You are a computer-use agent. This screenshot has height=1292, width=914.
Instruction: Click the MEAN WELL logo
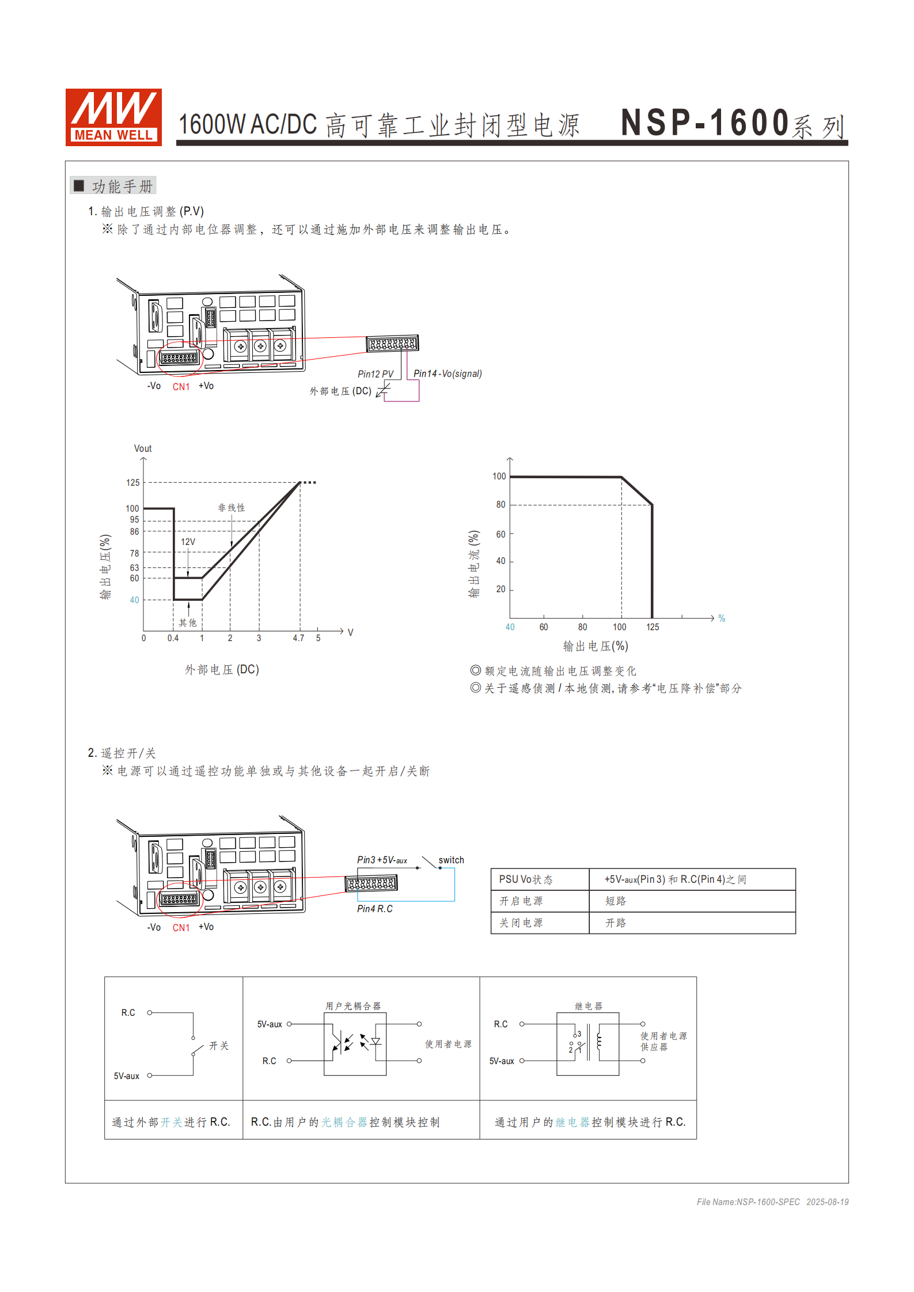[x=113, y=117]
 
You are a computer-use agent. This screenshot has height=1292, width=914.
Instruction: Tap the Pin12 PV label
[x=376, y=374]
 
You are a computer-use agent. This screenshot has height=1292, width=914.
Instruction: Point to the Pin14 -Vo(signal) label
[x=447, y=374]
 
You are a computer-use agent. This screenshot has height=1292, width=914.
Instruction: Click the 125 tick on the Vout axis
[x=133, y=483]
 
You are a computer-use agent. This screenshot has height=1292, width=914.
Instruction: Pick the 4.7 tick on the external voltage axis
[x=298, y=638]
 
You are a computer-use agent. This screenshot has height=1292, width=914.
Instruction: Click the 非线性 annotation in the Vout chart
[x=232, y=508]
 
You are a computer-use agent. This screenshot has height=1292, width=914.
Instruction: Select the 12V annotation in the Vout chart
[x=188, y=542]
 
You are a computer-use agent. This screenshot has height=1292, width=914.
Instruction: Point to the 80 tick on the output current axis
[x=500, y=505]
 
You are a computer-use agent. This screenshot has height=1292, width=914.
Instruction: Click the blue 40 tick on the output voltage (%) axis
[x=510, y=627]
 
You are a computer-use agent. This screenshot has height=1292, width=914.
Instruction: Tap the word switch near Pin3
[x=451, y=860]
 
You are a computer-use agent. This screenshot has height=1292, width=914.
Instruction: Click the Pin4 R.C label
[x=374, y=909]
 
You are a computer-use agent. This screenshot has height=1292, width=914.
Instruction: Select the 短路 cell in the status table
[x=615, y=901]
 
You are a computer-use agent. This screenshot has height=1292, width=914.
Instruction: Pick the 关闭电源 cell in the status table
[x=521, y=923]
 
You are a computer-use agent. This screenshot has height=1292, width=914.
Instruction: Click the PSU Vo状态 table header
[x=525, y=879]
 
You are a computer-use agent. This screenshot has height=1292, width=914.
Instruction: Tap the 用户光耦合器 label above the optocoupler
[x=353, y=1006]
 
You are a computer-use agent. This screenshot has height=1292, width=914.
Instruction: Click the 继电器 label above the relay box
[x=588, y=1006]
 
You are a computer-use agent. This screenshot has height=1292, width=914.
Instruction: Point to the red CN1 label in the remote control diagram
[x=181, y=928]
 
